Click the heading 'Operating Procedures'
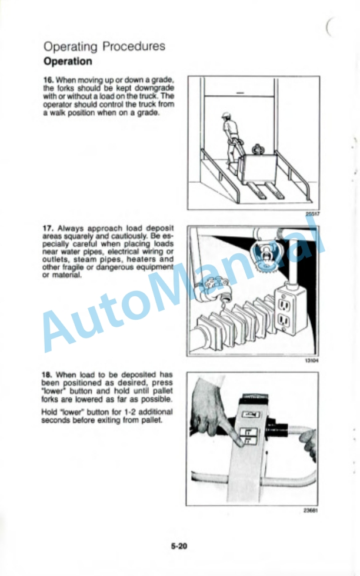[x=105, y=47]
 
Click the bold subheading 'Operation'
[x=68, y=61]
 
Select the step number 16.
[x=48, y=80]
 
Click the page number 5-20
[x=179, y=546]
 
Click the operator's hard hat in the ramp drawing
[x=225, y=116]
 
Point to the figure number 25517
[x=312, y=214]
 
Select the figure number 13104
[x=312, y=360]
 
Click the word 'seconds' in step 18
[x=54, y=420]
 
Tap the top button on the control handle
[x=252, y=415]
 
